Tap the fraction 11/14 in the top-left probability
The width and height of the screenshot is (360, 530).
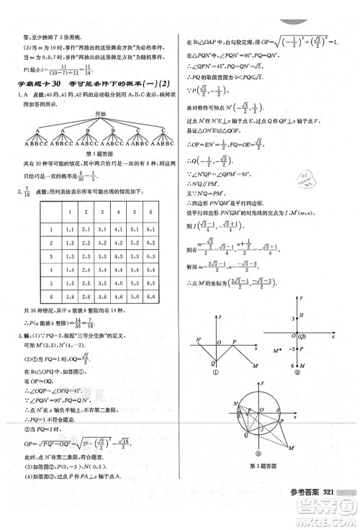(70, 69)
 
